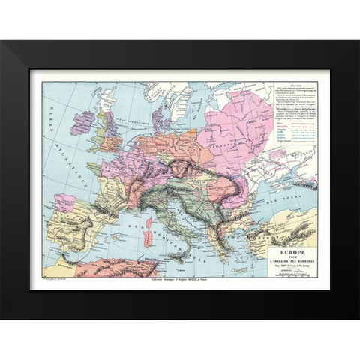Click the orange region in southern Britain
[x=112, y=142]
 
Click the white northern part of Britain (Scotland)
[x=102, y=109]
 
